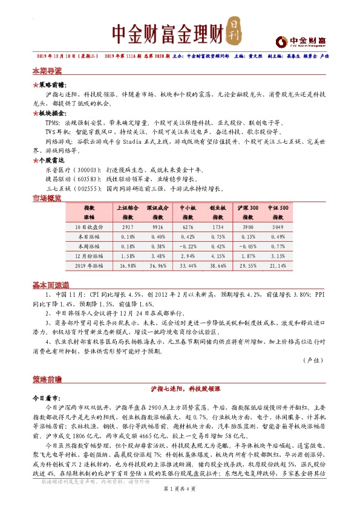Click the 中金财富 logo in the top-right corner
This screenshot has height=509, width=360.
301,41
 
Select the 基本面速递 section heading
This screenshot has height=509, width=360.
51,285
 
